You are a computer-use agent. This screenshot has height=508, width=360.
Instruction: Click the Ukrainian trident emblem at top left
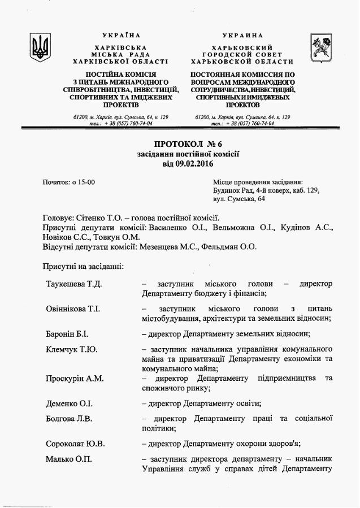[x=40, y=47]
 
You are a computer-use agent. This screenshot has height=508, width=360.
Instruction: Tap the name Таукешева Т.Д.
[x=74, y=283]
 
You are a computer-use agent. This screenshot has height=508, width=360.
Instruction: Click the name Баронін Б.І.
[x=67, y=335]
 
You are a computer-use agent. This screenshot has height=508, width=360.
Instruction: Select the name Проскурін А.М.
[x=75, y=378]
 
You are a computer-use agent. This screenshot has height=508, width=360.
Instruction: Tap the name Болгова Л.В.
[x=69, y=419]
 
